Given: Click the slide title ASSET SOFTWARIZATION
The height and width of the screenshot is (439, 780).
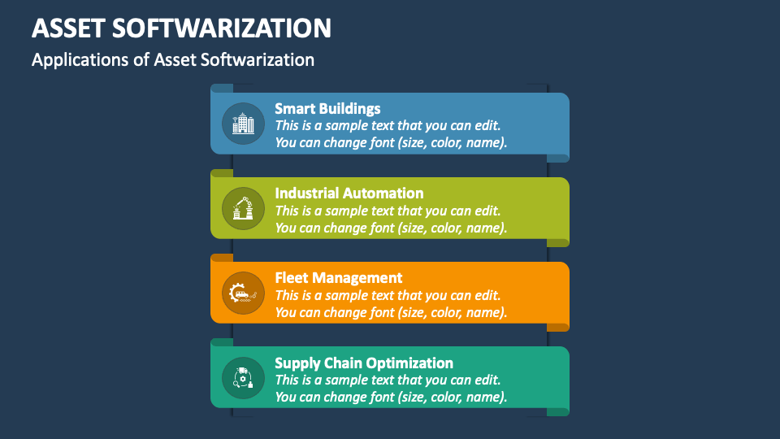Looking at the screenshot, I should (181, 28).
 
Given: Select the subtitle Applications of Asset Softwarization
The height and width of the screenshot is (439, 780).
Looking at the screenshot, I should (172, 59).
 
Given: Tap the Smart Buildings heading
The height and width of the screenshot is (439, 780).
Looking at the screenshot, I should (327, 108).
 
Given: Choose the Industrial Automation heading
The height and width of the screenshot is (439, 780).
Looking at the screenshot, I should (349, 193).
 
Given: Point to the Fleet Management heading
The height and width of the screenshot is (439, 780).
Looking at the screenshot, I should (338, 278).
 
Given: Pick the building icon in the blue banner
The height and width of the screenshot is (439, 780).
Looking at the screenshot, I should (243, 124).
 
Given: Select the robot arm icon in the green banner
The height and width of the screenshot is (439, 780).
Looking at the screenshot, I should (243, 208).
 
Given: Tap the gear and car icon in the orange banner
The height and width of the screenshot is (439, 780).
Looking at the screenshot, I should (243, 293).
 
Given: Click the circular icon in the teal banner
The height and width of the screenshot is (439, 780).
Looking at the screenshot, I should (243, 377).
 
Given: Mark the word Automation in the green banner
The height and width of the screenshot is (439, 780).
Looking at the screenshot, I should (383, 193).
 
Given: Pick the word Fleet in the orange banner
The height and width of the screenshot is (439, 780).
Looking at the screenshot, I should (292, 278).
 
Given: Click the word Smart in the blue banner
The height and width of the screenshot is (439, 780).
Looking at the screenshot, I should (293, 108).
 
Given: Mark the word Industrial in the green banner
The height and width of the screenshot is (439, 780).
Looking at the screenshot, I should (308, 193).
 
